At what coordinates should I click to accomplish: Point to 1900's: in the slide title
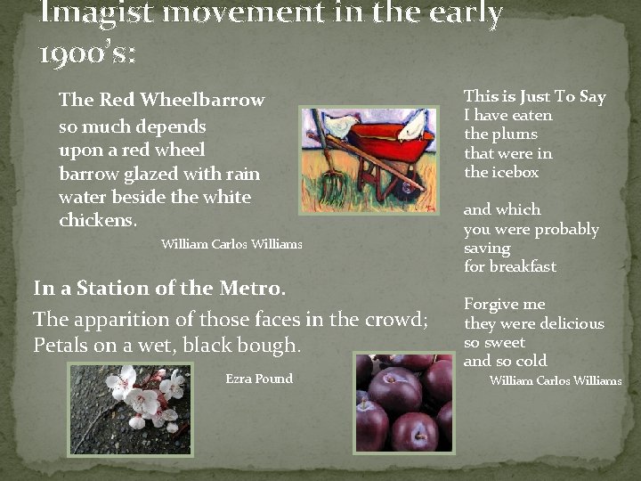click(87, 54)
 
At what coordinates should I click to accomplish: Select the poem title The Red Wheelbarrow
click(161, 100)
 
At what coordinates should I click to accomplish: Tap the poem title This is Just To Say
click(534, 96)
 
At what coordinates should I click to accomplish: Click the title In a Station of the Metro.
click(159, 289)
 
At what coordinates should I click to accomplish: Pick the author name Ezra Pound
click(259, 379)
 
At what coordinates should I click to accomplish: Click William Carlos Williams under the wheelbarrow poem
click(231, 244)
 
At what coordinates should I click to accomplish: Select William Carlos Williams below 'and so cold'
click(556, 380)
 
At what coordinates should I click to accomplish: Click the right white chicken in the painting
click(412, 127)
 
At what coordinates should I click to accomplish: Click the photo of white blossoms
click(129, 408)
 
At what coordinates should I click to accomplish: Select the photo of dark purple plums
click(403, 403)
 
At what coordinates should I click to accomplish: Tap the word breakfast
click(523, 266)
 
